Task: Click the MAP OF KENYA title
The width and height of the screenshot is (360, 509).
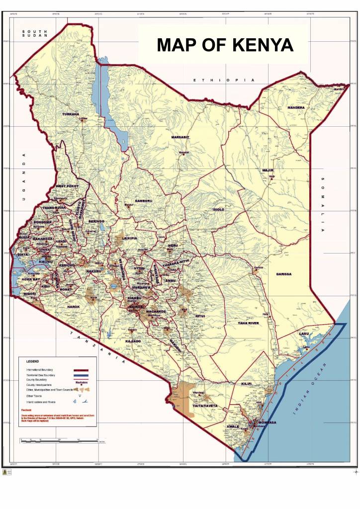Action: [225, 45]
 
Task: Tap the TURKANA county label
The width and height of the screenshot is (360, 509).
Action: [70, 114]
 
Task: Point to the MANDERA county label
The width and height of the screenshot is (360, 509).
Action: [296, 107]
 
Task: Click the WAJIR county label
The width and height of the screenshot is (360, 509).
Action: [268, 170]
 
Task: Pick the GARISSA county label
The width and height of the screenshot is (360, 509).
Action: [284, 274]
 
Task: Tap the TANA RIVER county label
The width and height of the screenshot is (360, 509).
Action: [248, 324]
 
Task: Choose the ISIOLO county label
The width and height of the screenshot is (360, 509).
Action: [218, 210]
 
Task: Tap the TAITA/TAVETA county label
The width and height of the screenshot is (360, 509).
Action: [204, 406]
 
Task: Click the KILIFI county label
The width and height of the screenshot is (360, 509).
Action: [247, 384]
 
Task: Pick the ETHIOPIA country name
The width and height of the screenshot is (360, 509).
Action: [224, 80]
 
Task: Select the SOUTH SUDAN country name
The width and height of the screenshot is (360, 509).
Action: [34, 34]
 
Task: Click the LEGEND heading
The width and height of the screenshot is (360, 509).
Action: [33, 361]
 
